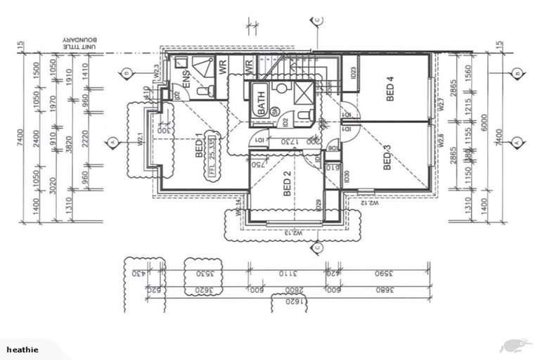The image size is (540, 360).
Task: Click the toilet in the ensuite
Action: point(202,91)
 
